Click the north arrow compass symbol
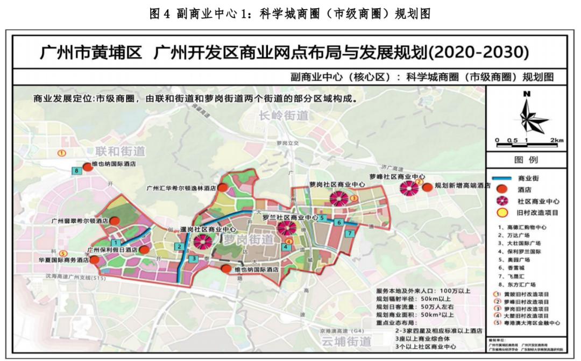pos(526,115)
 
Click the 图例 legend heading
pos(526,160)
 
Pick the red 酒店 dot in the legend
pos(502,189)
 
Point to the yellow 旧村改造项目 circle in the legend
pos(502,212)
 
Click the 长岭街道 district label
pos(283,115)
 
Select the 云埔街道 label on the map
pos(346,341)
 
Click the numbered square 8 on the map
pos(77,171)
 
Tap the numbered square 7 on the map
pos(349,233)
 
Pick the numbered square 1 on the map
pos(115,243)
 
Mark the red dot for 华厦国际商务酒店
pos(95,260)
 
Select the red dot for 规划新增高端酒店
pos(427,187)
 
